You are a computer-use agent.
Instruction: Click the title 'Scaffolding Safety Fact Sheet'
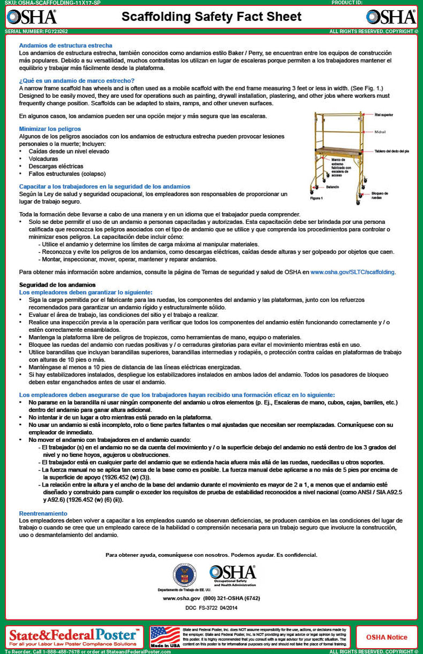[211, 17]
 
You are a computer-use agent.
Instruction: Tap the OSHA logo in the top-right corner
[391, 17]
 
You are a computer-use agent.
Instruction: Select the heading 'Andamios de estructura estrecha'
[65, 46]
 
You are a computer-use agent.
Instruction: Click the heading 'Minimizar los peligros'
[50, 129]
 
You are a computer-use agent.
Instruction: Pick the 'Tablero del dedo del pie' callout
[392, 151]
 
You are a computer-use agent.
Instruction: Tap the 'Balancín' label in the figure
[333, 188]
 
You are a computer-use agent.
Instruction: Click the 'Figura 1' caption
[316, 198]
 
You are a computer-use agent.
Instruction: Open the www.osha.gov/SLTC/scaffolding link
[353, 272]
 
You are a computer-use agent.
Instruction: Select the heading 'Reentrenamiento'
[43, 513]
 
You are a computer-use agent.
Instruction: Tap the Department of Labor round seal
[184, 575]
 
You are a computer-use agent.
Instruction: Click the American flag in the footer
[165, 637]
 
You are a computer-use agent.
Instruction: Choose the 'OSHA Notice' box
[386, 637]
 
